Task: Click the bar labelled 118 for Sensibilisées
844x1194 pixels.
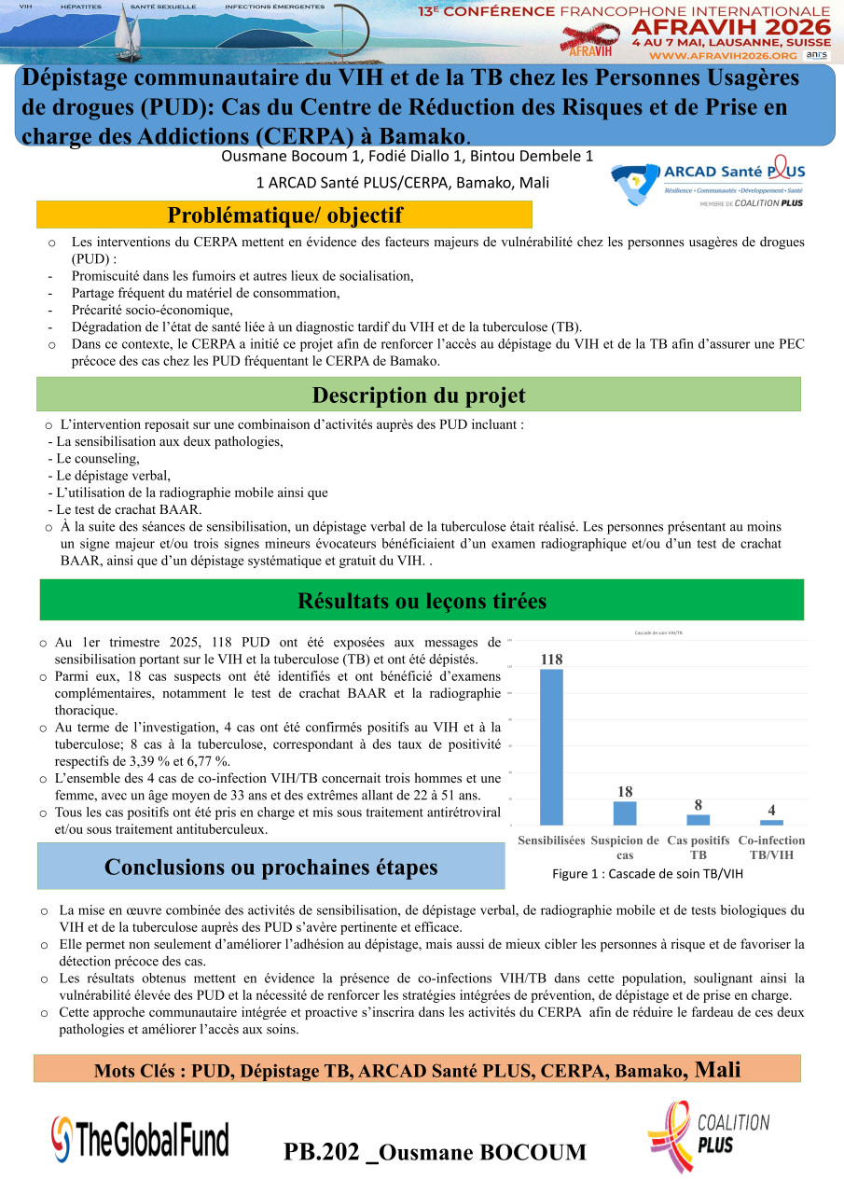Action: [x=551, y=746]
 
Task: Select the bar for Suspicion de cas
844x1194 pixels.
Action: [x=625, y=813]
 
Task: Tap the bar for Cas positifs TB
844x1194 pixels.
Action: [x=698, y=820]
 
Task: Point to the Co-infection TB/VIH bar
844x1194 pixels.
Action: [x=771, y=823]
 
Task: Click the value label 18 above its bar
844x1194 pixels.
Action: [x=625, y=792]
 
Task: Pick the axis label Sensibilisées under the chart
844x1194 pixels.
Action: [x=551, y=840]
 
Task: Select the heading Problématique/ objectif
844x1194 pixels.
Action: [x=284, y=215]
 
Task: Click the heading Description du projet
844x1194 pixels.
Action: [x=419, y=395]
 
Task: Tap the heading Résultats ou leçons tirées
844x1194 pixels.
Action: [x=422, y=601]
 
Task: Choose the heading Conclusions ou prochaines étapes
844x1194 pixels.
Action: [x=270, y=867]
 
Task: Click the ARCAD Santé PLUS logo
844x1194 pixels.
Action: [x=708, y=185]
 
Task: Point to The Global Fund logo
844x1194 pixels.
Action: [x=140, y=1136]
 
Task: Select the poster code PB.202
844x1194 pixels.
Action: [x=322, y=1152]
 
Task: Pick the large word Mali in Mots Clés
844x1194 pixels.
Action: [x=718, y=1069]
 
